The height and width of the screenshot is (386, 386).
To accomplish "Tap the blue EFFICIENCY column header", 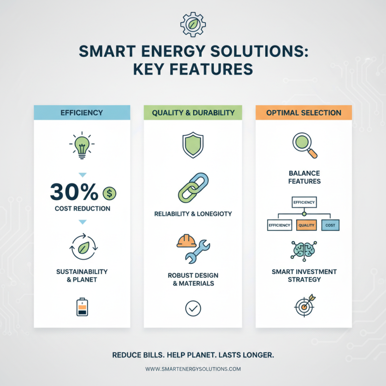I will pos(82,113).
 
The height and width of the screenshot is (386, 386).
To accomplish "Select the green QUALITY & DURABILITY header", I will pos(193,113).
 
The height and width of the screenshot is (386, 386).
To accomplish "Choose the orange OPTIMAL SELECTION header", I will pos(303,113).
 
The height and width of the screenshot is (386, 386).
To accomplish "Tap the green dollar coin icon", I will pos(110,193).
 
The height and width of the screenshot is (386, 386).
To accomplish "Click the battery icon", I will pos(82,306).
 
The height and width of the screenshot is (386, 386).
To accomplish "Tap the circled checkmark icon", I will pos(193,308).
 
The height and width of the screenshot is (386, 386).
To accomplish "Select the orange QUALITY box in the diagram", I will pos(307,225).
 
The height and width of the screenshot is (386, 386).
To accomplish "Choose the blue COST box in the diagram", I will pos(331,225).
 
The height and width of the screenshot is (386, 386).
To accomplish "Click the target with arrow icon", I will pos(304,304).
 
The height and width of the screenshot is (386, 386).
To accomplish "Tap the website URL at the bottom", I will pos(193,369).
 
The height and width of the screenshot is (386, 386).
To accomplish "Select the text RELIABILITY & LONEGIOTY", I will pos(193,214).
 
